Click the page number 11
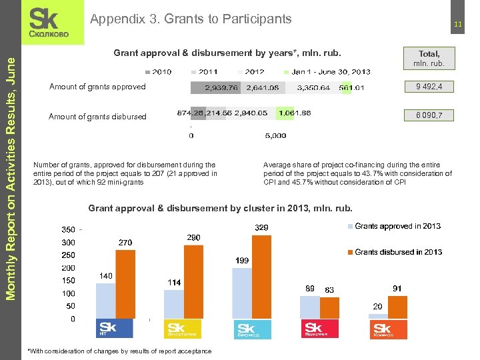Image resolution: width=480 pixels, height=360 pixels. pyautogui.click(x=458, y=25)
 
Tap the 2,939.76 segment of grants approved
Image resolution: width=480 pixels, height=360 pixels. pyautogui.click(x=217, y=87)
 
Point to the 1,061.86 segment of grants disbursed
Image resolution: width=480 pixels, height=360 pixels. pyautogui.click(x=294, y=113)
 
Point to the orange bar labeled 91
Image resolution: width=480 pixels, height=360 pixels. pyautogui.click(x=397, y=307)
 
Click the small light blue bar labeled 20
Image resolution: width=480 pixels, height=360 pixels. pyautogui.click(x=378, y=317)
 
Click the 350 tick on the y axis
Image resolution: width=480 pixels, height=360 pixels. pyautogui.click(x=68, y=230)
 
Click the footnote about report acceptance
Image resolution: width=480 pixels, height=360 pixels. pyautogui.click(x=118, y=351)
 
